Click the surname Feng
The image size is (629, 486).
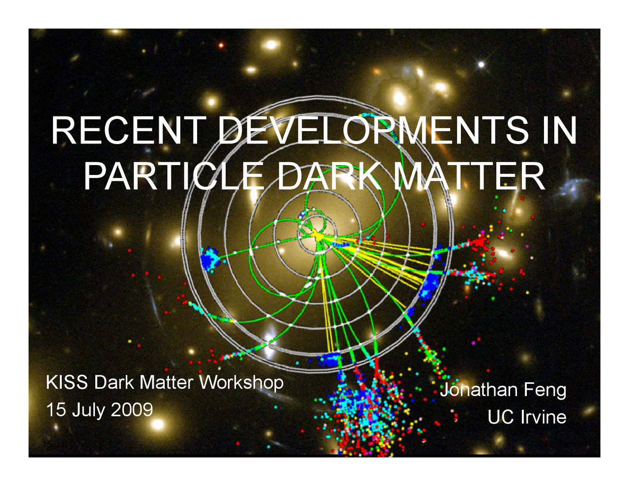[545, 390]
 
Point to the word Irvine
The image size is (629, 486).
[543, 417]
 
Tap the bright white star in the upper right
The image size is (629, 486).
[482, 64]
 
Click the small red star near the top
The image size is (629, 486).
[221, 45]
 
